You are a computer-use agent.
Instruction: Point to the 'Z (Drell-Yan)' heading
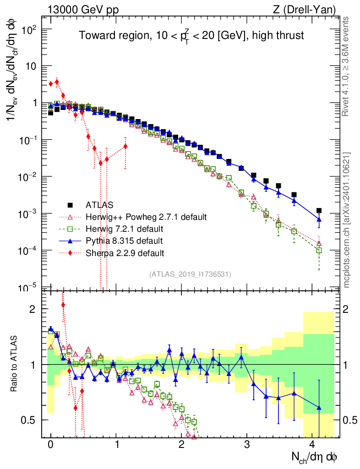point(310,9)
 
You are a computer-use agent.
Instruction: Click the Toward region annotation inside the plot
point(191,36)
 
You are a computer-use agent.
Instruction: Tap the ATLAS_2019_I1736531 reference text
point(190,274)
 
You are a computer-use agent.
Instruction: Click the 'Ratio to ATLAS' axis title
point(15,364)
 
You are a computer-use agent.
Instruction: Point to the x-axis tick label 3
point(247,444)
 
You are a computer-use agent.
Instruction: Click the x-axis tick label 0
point(50,444)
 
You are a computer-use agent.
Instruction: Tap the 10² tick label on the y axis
point(28,29)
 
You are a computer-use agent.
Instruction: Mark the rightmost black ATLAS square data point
point(319,211)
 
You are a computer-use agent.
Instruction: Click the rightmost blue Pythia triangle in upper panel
point(319,219)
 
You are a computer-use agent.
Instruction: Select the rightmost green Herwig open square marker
point(319,250)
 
